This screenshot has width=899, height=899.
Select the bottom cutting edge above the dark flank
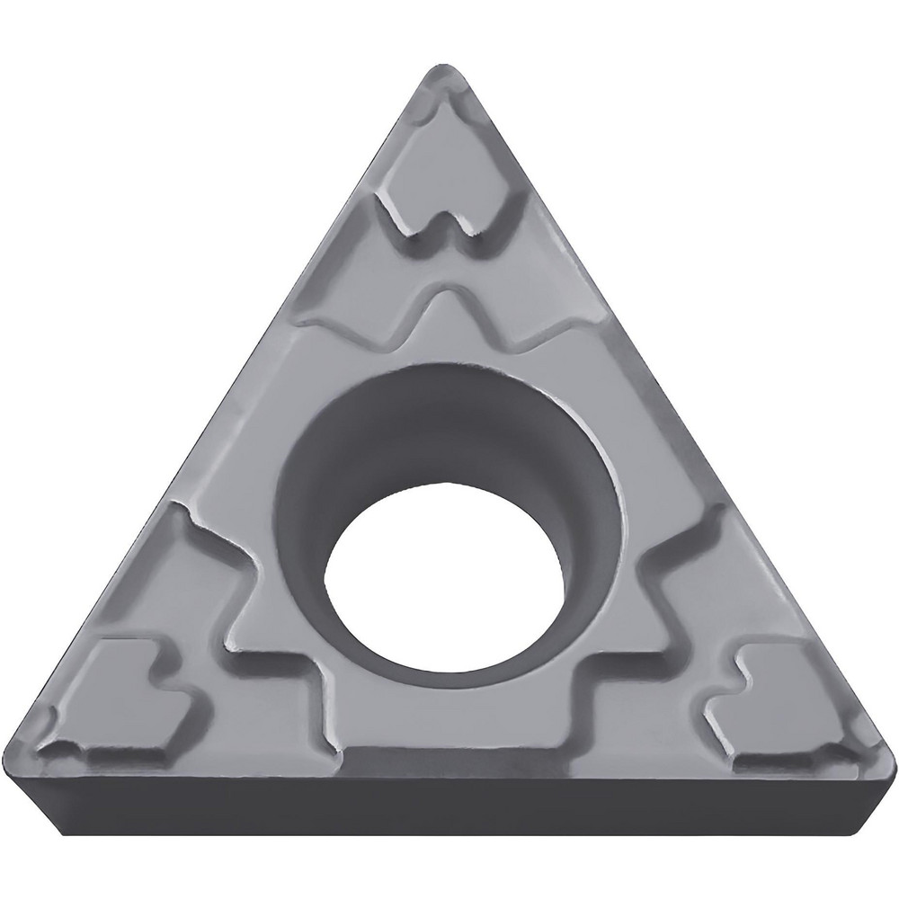[x=449, y=771]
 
